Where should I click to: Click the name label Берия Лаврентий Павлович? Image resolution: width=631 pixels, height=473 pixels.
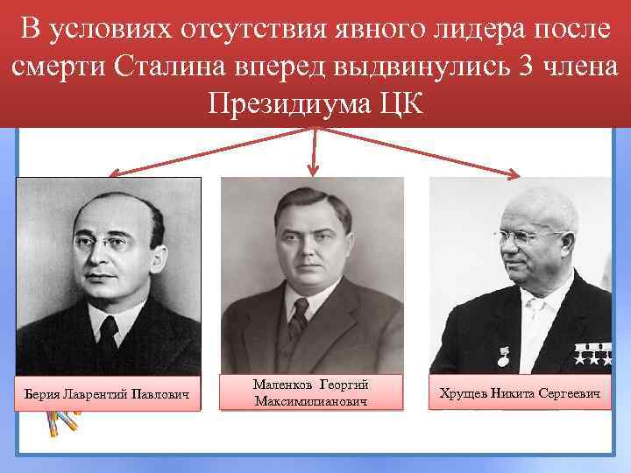click(109, 394)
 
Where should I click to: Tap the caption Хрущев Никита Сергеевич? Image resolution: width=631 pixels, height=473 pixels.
click(520, 394)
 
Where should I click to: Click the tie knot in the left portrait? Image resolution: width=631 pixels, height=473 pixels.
click(109, 325)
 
